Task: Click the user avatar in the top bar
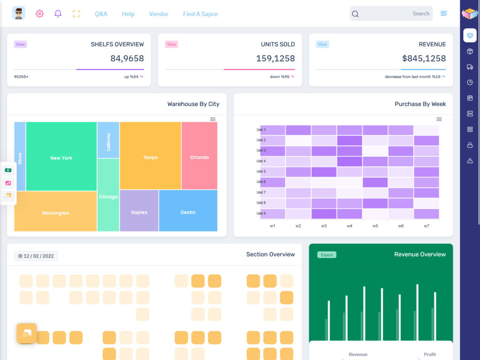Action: [x=19, y=14]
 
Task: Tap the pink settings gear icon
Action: [x=40, y=14]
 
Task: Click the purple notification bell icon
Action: [x=58, y=14]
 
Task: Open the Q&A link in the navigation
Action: [x=101, y=14]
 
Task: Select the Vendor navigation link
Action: [x=158, y=14]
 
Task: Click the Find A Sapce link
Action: [x=200, y=14]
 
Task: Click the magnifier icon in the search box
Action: [x=355, y=14]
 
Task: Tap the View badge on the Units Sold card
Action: [x=172, y=45]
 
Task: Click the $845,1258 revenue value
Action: [x=424, y=59]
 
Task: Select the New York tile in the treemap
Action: [x=61, y=158]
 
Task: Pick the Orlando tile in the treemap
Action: [x=199, y=157]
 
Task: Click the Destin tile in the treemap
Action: [x=188, y=212]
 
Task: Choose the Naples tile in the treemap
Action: [x=139, y=212]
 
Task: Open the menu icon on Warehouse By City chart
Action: [x=213, y=119]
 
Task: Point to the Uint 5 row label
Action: [x=261, y=172]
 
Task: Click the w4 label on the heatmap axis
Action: [x=350, y=226]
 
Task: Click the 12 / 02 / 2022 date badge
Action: [x=36, y=256]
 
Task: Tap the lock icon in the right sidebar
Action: [x=470, y=145]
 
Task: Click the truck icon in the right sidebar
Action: [x=470, y=67]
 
